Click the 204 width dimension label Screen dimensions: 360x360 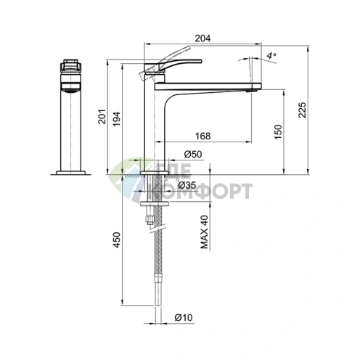202,38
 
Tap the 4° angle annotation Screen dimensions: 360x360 271,56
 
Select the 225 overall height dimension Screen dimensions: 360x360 302,110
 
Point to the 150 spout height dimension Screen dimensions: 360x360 278,132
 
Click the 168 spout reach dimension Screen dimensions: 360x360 202,136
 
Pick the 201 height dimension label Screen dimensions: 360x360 102,117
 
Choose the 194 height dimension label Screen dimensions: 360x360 117,119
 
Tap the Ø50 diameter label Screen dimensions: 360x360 193,154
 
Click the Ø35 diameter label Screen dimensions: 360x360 187,185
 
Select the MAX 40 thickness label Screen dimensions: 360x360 205,232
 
